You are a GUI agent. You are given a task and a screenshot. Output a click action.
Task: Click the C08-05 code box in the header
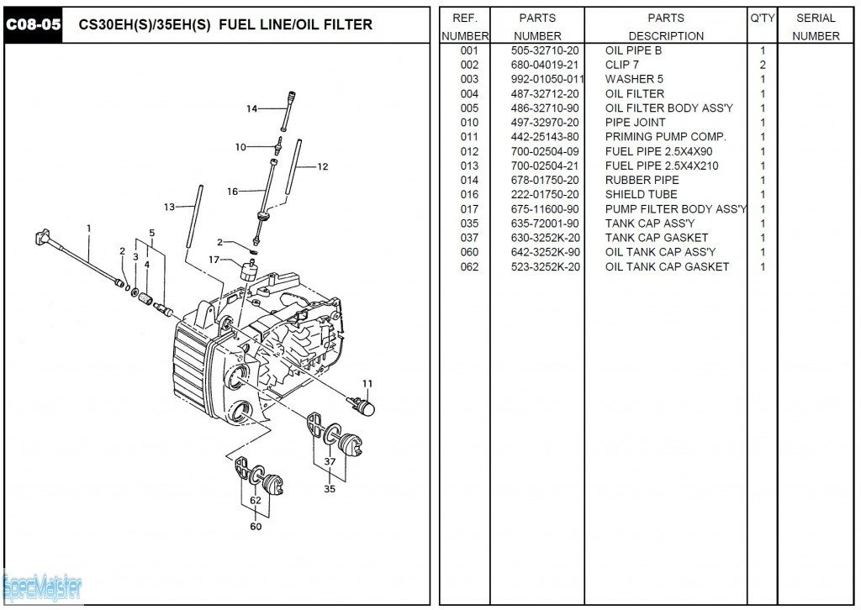[34, 24]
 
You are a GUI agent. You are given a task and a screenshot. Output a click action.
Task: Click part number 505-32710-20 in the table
[544, 50]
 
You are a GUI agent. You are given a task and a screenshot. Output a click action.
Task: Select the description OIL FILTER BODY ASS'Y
[668, 108]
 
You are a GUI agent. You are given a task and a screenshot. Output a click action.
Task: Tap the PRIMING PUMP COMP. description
[665, 136]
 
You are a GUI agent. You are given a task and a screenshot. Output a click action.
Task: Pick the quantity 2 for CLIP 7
[762, 65]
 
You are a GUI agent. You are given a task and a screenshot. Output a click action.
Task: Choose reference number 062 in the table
[469, 266]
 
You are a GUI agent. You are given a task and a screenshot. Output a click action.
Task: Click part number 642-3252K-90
[544, 252]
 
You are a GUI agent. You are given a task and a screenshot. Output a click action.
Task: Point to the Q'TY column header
[762, 18]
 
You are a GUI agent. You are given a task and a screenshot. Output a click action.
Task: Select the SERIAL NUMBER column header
[815, 26]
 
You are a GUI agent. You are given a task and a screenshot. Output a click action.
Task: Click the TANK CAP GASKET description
[656, 238]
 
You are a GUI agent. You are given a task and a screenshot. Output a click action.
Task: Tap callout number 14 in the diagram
[251, 108]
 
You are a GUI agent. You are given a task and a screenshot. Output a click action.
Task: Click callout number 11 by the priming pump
[367, 384]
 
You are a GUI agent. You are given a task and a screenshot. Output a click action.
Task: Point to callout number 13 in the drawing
[169, 207]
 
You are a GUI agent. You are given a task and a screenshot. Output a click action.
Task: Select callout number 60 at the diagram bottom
[255, 527]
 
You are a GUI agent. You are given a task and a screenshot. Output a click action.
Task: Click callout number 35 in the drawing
[329, 488]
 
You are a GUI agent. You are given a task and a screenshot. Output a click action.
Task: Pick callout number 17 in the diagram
[214, 260]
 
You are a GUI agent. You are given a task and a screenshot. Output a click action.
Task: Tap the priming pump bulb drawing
[363, 408]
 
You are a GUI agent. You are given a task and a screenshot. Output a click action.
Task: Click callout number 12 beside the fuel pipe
[323, 166]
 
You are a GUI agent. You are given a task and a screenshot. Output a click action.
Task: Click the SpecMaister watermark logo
[42, 586]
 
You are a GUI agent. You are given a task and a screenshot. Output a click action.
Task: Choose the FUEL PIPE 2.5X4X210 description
[661, 166]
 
